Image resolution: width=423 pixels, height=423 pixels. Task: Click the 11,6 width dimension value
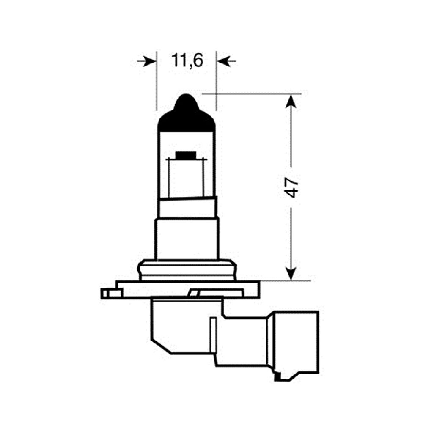click(x=187, y=61)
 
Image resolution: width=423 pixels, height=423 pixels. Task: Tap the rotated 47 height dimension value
click(x=291, y=187)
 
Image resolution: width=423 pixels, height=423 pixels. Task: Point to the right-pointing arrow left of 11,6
click(x=146, y=61)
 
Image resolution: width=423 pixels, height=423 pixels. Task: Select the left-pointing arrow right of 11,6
click(x=227, y=61)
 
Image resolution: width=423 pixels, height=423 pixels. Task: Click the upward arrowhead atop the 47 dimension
click(x=291, y=101)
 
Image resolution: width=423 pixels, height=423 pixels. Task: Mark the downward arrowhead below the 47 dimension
click(x=291, y=274)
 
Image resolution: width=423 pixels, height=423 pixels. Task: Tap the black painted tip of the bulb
click(x=187, y=113)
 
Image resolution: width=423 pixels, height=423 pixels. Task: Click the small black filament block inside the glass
click(x=185, y=155)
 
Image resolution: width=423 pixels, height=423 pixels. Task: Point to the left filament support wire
click(x=169, y=178)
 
